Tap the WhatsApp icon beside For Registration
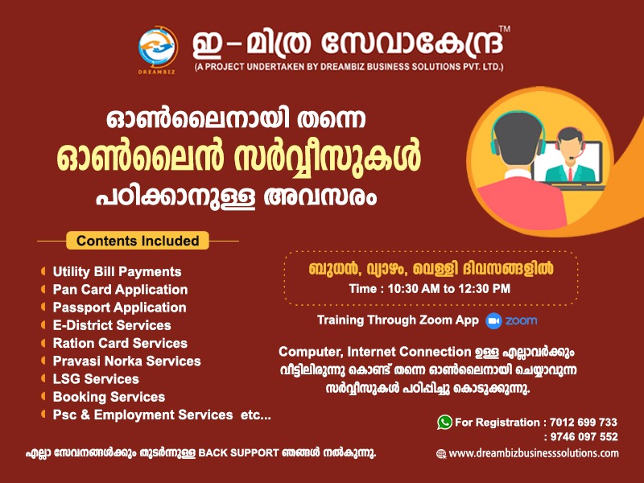[x=444, y=422]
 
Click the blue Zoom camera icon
[x=493, y=320]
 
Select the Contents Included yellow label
[x=138, y=241]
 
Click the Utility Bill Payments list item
[x=117, y=272]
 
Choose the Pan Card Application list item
[x=120, y=290]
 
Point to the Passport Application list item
[x=119, y=308]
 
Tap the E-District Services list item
[x=112, y=325]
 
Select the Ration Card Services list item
[x=120, y=343]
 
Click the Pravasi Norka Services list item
[x=126, y=361]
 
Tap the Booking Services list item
[x=109, y=397]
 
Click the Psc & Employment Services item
[x=162, y=415]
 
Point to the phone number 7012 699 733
[x=582, y=422]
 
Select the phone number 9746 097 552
[x=582, y=437]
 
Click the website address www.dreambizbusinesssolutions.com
[x=534, y=453]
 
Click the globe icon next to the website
[x=441, y=454]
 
